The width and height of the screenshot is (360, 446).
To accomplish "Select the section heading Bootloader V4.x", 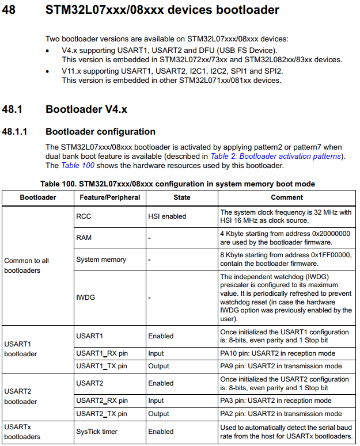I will point(86,109).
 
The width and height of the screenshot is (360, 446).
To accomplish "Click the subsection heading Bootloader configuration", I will point(100,132).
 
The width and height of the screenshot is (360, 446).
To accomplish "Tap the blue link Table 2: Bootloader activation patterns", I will point(276,157).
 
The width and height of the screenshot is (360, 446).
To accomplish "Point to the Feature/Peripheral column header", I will point(108,197).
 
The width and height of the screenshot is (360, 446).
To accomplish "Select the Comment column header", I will point(286,197).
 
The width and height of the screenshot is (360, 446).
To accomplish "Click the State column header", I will point(181,197).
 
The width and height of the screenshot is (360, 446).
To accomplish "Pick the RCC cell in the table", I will point(84,216).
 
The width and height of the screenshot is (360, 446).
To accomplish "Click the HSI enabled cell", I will point(167,216).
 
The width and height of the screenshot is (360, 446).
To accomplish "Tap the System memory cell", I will point(101,260).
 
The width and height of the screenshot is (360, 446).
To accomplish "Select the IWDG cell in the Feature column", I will point(85,298).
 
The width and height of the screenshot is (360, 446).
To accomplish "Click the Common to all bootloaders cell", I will point(26,265).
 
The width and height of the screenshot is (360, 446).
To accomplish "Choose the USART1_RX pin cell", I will point(102,353).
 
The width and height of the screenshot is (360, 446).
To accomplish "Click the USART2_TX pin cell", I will point(102,413).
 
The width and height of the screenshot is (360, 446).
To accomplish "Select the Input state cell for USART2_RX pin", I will point(156,401).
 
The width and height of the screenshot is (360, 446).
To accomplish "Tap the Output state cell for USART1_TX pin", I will point(158,366).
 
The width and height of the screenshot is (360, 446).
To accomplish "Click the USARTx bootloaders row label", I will point(22,432).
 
